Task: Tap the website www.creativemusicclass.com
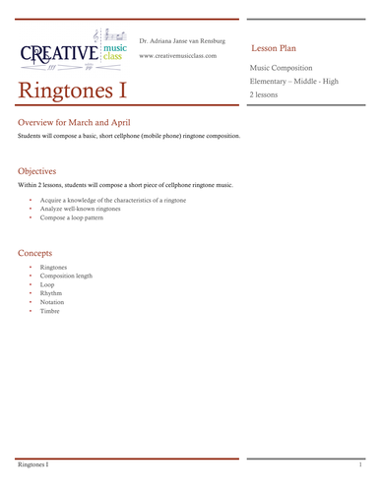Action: pos(178,56)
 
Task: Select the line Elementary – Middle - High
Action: pos(293,82)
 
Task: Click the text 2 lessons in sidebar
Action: pos(264,95)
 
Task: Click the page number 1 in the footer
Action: pos(361,462)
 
